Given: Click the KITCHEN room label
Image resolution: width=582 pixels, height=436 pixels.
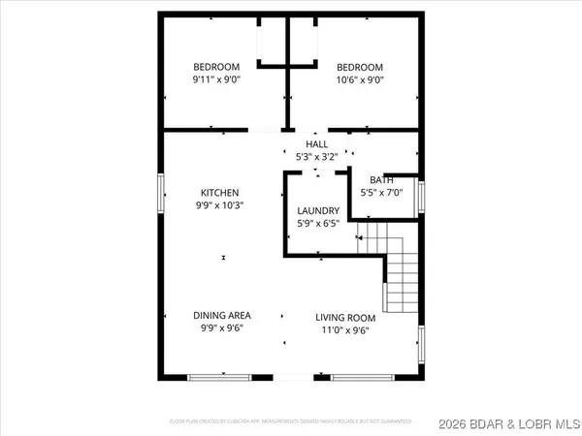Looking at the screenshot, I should point(219,193).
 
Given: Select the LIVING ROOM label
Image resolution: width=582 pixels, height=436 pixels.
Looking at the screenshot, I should point(344,315).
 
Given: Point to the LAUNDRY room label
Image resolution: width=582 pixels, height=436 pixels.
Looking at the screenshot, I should point(318,211).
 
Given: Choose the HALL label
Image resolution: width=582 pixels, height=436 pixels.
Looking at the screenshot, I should point(318,143).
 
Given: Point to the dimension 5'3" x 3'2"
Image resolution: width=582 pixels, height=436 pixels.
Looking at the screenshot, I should point(318,157).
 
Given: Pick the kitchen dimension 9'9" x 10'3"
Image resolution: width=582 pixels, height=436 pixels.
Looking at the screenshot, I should point(219,206).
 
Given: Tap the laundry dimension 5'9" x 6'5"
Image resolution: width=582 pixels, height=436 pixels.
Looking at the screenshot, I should point(318,225).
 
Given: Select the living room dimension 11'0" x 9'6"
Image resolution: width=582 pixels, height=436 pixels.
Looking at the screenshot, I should point(344,328).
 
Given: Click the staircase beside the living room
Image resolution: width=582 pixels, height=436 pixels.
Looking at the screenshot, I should point(400,276).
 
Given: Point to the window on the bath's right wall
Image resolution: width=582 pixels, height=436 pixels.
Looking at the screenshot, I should point(421,192).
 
